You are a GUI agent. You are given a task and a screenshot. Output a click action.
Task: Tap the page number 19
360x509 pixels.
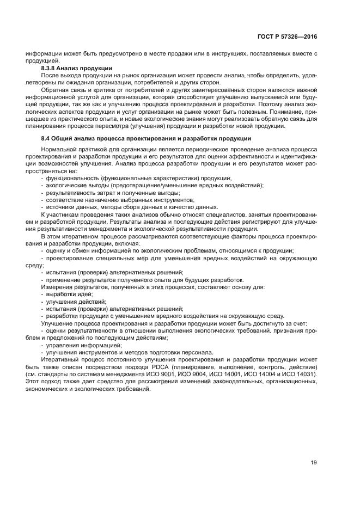314,463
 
